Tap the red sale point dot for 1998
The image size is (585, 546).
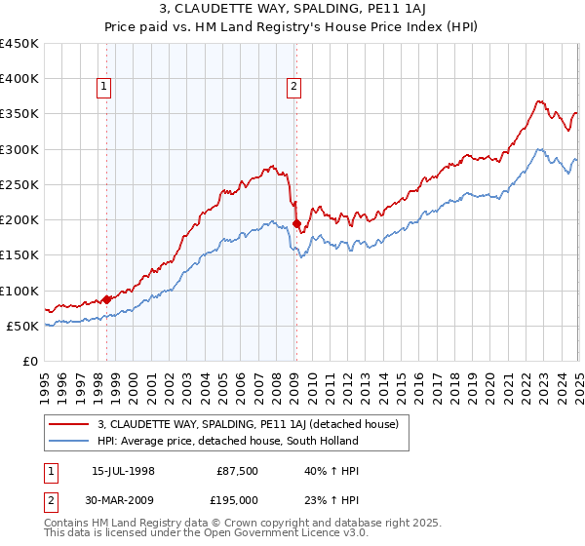pos(106,299)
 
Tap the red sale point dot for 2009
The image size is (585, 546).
pos(296,223)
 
